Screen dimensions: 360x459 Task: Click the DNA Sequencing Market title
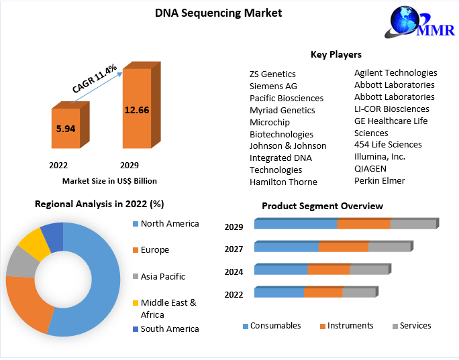[x=209, y=13]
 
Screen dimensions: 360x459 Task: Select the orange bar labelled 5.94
[x=65, y=128]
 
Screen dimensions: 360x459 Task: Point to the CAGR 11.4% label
[x=95, y=78]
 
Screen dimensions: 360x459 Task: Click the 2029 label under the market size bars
[x=129, y=165]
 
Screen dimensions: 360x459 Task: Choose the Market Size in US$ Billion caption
[x=109, y=181]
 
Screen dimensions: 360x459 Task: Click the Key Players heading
[x=336, y=54]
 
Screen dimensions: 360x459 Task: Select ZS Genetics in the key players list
[x=272, y=74]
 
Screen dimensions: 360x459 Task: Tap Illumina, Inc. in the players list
[x=380, y=156]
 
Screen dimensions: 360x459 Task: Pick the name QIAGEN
[x=370, y=168]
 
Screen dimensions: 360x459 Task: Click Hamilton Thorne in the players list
[x=283, y=182]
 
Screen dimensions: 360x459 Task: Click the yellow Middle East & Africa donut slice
[x=31, y=243]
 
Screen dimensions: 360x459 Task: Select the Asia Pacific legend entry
[x=162, y=276]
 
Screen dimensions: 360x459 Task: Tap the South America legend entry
[x=169, y=328]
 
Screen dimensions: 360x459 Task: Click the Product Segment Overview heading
[x=322, y=206]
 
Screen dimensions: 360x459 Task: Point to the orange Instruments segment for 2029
[x=363, y=224]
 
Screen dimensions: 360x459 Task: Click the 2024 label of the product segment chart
[x=234, y=272]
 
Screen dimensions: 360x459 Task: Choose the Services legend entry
[x=415, y=326]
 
